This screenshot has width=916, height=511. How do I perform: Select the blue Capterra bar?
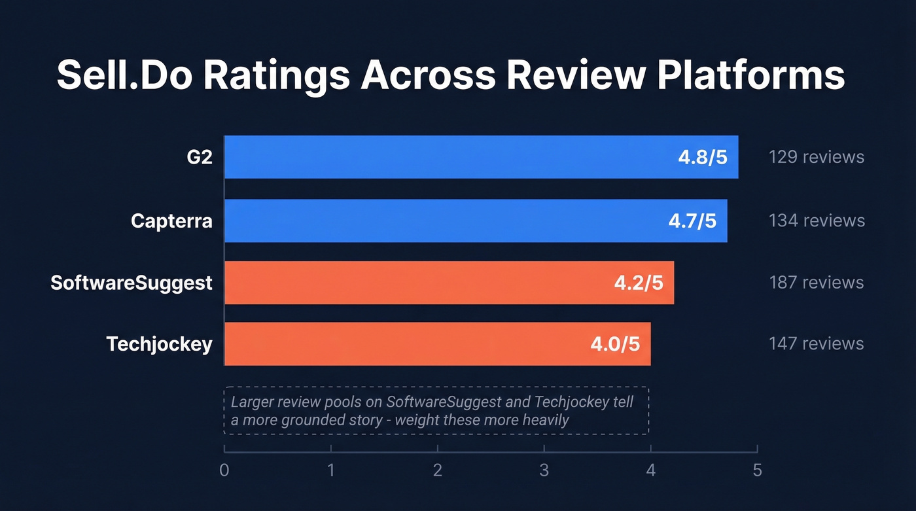tap(445, 220)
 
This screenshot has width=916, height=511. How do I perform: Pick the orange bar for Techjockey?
tap(406, 344)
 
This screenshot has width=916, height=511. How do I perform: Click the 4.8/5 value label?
tap(702, 158)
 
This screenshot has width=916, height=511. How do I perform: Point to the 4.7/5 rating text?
tap(692, 221)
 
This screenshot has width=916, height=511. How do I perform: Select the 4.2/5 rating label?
tap(638, 283)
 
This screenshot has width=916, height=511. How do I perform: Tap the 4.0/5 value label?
tap(614, 344)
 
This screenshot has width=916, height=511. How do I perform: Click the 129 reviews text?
tap(816, 157)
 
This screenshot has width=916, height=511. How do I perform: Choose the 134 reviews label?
tap(817, 220)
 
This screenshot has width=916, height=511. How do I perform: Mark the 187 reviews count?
tap(816, 283)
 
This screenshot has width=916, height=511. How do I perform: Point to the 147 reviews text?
tap(816, 344)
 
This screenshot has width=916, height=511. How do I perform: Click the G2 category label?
tap(200, 157)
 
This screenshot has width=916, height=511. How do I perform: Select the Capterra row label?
tap(171, 220)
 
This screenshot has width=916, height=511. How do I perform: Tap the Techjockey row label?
tap(159, 344)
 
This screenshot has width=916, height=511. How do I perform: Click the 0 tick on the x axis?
tap(224, 470)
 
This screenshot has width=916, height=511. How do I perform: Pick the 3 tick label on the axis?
tap(544, 470)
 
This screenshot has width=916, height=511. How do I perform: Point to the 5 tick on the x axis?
tap(757, 470)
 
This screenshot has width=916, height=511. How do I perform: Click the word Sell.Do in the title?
tap(124, 75)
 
